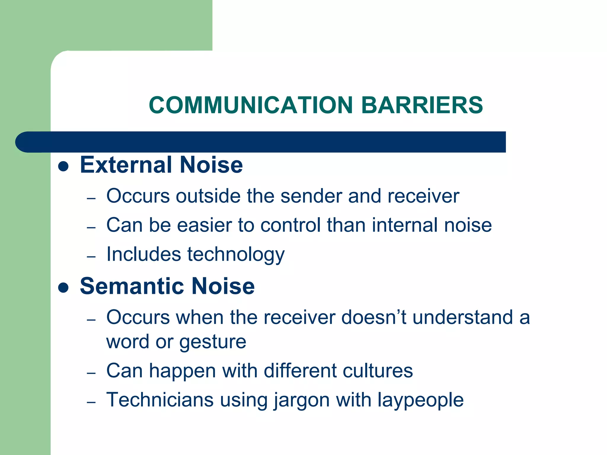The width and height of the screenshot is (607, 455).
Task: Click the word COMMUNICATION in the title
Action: (x=251, y=105)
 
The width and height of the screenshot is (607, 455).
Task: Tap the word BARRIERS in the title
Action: (x=422, y=105)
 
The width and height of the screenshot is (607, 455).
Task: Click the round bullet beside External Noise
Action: (x=63, y=166)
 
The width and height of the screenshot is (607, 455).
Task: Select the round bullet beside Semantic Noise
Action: (x=63, y=287)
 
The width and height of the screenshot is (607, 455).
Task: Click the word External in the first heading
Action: (x=127, y=165)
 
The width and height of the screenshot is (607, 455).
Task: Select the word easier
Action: (x=205, y=225)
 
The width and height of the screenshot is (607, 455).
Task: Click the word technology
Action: (x=236, y=255)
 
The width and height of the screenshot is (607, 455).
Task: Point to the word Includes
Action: (x=144, y=254)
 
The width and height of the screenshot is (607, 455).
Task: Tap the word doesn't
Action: (x=374, y=317)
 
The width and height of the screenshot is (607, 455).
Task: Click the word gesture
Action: (x=213, y=342)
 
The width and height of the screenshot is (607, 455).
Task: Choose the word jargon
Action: (x=301, y=400)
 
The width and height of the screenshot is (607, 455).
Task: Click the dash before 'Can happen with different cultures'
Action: (x=91, y=373)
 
